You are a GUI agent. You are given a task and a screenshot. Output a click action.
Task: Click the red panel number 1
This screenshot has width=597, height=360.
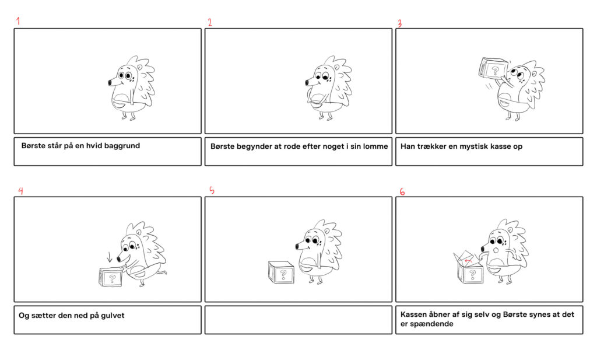point(18,21)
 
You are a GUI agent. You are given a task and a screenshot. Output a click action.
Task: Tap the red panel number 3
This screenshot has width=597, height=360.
point(399,23)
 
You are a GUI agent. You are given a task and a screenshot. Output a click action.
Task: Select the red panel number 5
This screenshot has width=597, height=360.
point(212,190)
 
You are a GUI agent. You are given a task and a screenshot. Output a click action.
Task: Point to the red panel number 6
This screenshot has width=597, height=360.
point(402,191)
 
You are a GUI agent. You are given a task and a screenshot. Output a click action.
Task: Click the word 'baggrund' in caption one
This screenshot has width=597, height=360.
point(122,146)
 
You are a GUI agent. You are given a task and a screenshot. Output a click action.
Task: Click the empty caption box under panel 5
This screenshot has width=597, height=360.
point(298,320)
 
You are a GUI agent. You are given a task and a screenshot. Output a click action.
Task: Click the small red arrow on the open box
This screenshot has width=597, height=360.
point(469,261)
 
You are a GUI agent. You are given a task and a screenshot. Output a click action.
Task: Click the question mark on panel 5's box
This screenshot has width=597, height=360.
point(283,274)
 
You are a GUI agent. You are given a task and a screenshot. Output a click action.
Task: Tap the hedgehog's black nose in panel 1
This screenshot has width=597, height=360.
point(110,83)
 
